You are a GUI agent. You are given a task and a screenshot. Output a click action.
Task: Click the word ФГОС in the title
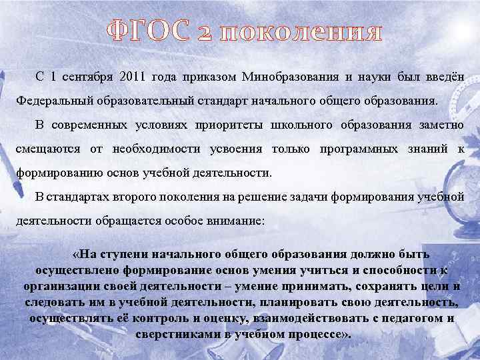[147, 32]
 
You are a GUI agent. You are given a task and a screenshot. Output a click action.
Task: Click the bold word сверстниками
[174, 334]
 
